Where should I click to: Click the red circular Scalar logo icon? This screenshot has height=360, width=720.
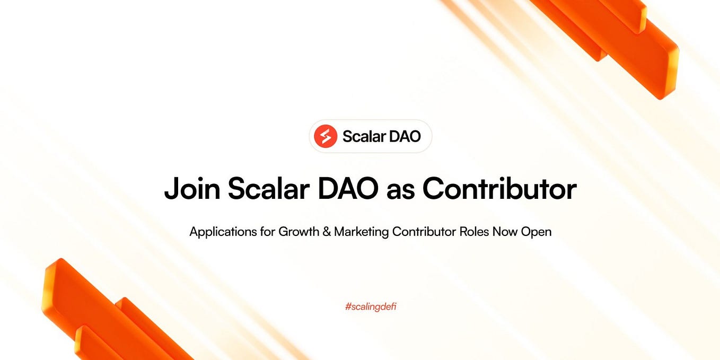coord(326,136)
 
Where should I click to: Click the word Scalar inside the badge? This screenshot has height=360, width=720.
coord(364,136)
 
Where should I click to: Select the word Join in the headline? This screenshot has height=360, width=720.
coord(191,188)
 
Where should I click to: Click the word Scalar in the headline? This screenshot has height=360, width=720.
coord(267,188)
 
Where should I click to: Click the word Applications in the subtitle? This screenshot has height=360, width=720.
coord(222,232)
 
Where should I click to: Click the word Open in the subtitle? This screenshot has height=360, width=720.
coord(537,232)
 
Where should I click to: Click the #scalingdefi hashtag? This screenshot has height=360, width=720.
coord(370,306)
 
